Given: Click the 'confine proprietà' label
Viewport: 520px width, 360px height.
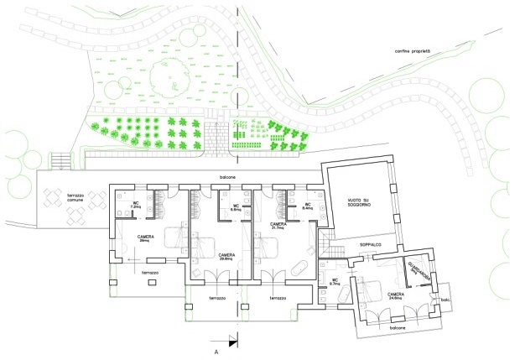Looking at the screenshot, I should [x=413, y=53].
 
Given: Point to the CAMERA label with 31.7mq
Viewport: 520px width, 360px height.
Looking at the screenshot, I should [x=279, y=227].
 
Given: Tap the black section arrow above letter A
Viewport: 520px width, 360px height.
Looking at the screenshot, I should [x=235, y=341].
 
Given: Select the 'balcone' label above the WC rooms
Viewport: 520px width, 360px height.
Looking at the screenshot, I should [x=228, y=177].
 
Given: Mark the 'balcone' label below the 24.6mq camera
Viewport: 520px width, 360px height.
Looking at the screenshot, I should [x=397, y=328].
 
